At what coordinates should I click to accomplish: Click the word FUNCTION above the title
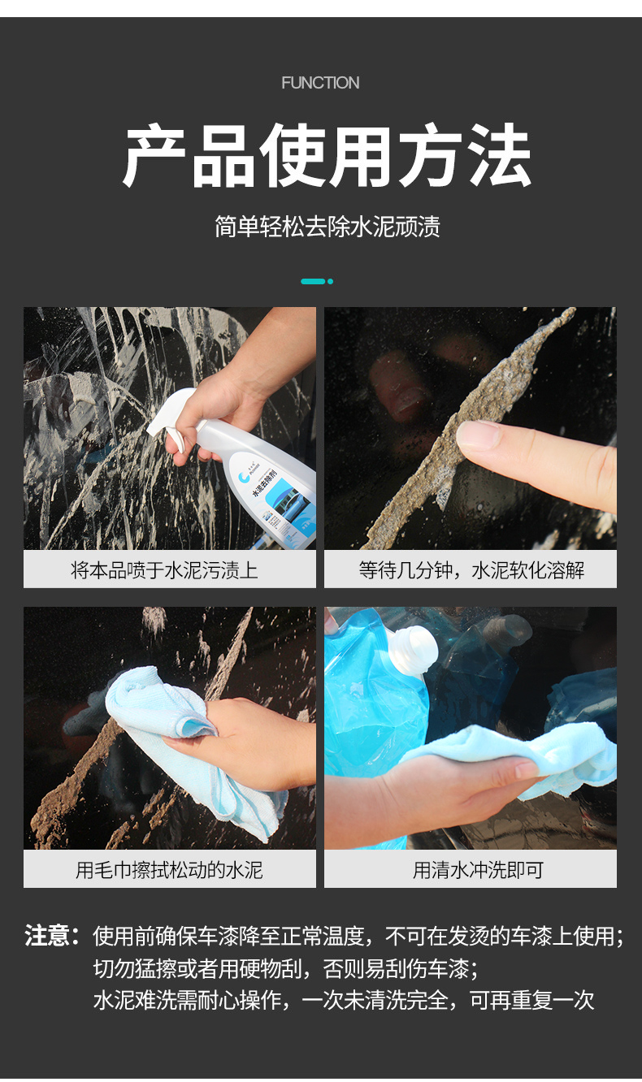320,83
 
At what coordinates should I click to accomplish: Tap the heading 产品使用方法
328,154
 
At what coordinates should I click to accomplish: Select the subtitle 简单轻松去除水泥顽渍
328,227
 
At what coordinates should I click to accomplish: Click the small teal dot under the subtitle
331,281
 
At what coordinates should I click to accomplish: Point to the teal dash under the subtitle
313,281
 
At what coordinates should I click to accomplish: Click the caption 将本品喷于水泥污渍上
164,570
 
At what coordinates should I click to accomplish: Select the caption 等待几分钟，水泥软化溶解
471,570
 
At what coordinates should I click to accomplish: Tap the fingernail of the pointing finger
477,435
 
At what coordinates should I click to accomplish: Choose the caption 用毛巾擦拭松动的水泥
169,870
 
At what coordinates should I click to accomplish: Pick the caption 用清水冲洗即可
478,870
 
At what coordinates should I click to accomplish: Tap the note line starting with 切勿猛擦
285,968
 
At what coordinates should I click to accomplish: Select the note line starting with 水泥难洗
344,1000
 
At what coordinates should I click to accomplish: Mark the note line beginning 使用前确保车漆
358,936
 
